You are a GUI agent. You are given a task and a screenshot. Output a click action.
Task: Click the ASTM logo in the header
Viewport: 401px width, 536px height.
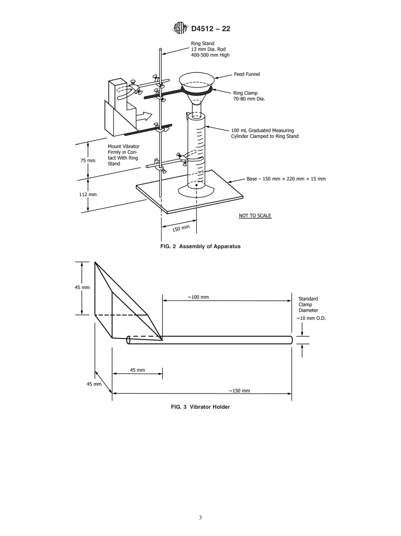(x=179, y=28)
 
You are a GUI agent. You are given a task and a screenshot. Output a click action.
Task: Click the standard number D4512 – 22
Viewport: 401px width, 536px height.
(x=211, y=29)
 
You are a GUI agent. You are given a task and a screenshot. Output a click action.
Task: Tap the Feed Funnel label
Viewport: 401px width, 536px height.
(x=247, y=74)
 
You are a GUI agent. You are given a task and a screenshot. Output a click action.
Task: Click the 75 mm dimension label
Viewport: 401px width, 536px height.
(x=88, y=161)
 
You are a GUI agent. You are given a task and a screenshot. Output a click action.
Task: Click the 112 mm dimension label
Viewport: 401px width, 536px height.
(x=88, y=194)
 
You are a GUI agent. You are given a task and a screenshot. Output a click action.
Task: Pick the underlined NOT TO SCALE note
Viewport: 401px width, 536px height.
(x=255, y=216)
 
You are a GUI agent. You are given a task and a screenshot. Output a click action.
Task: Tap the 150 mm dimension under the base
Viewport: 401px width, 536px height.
(x=181, y=228)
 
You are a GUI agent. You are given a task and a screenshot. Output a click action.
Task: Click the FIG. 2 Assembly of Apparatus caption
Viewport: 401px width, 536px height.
(x=200, y=247)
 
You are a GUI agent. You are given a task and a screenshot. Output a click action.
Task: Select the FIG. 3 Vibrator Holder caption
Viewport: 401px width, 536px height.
(x=200, y=407)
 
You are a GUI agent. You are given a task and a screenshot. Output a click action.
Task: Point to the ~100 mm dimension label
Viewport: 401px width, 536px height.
(x=198, y=297)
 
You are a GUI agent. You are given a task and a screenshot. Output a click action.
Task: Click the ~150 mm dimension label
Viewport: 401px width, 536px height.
(x=239, y=391)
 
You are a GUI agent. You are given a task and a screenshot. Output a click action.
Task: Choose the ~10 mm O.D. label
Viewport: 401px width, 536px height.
(x=311, y=318)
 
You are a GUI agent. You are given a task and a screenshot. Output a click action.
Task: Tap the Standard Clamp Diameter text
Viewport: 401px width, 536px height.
(x=308, y=304)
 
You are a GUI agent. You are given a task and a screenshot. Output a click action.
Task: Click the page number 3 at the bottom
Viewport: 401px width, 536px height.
(x=200, y=518)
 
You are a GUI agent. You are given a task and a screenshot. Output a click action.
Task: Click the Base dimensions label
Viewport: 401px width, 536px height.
(x=286, y=179)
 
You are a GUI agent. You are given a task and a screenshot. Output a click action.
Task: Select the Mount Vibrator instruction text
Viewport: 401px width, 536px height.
(x=123, y=155)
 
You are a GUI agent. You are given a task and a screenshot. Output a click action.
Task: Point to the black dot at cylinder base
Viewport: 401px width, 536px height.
(x=196, y=185)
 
